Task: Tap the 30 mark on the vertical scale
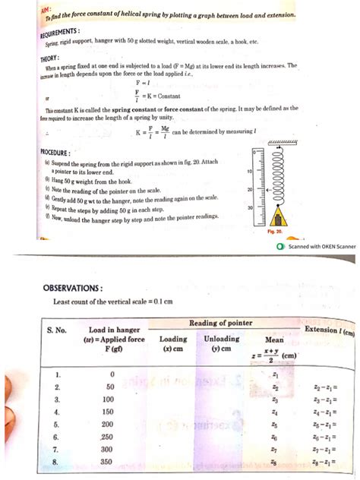249,207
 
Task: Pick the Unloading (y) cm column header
222,344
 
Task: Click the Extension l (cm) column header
329,331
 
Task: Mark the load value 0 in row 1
112,374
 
